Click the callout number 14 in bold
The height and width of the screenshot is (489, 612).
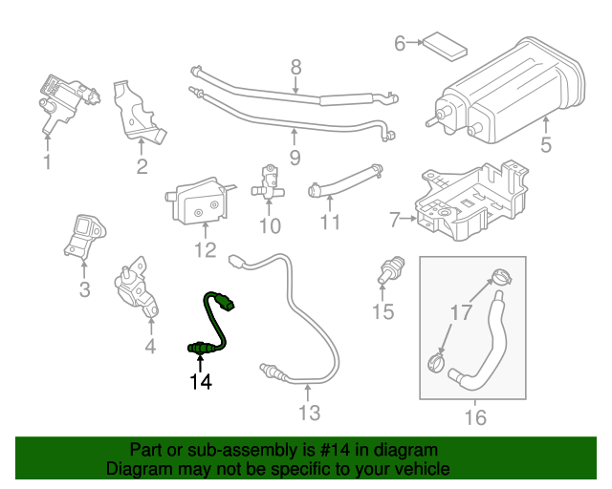[200, 382]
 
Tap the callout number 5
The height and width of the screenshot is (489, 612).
[546, 146]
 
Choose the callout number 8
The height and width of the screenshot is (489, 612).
[295, 67]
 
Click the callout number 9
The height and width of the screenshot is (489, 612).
[295, 156]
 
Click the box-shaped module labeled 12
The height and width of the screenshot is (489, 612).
[199, 202]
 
